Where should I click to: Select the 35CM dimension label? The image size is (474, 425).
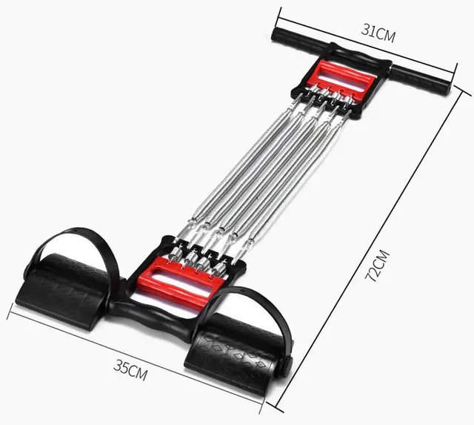coord(130,366)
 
